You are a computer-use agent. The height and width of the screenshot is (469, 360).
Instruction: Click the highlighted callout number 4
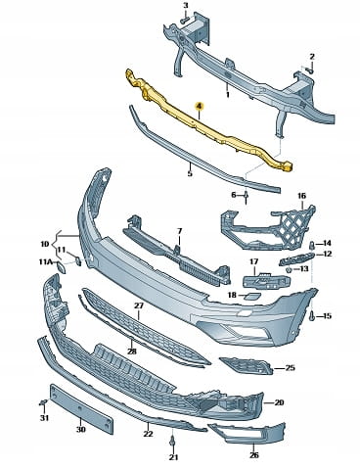[199, 106]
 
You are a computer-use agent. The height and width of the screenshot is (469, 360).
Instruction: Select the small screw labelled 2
[310, 70]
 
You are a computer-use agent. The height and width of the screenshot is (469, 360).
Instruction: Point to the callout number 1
[228, 95]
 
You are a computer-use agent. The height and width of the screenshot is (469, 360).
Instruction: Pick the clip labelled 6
[247, 197]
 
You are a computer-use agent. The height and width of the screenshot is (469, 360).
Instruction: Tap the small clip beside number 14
[312, 245]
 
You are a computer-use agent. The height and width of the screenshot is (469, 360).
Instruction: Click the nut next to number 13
[289, 270]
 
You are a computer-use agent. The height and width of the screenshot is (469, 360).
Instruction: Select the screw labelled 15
[311, 315]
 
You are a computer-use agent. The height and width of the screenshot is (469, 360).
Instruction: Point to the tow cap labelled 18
[252, 296]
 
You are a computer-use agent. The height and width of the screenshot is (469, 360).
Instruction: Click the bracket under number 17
[266, 281]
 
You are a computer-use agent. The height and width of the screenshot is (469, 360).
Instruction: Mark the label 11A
[45, 262]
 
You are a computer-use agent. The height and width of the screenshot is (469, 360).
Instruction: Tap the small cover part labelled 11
[78, 260]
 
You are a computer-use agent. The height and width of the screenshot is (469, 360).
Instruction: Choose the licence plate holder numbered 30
[81, 408]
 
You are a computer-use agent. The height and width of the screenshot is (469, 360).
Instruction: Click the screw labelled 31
[43, 403]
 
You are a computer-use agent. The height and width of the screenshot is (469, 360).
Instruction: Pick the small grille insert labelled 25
[247, 366]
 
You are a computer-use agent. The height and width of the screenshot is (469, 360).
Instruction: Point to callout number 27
[139, 306]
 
